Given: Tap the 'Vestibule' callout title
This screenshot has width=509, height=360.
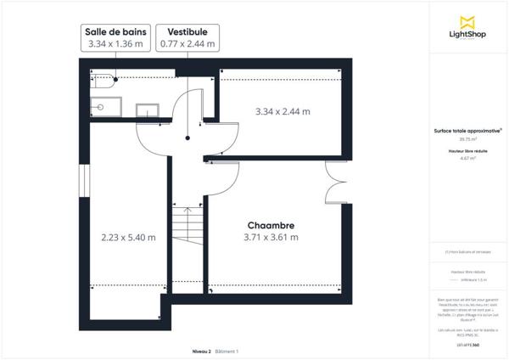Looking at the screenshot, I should point(187,30).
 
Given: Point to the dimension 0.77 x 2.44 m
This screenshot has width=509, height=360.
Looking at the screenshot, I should point(187,42).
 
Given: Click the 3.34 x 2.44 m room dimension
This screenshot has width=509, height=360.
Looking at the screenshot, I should point(282,111).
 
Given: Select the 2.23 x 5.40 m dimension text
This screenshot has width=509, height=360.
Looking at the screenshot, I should point(127,238).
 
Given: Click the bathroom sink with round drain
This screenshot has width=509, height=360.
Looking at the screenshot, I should point(100,108).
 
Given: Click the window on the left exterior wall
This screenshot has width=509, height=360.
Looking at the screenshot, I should point(83,184).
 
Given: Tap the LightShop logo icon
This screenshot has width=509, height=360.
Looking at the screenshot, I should point(466,21).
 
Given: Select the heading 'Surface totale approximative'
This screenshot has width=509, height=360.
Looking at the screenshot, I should point(465,131).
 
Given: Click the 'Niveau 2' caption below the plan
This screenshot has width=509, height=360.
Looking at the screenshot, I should point(200,351).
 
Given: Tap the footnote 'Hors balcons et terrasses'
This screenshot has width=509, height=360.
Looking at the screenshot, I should point(467,252).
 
